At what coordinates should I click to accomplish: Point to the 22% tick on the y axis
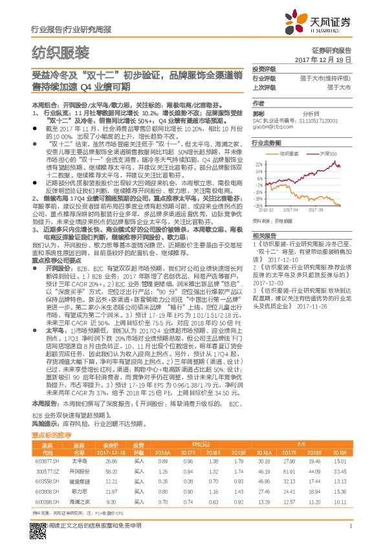coord(259,164)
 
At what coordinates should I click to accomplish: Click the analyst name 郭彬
coord(258,112)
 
